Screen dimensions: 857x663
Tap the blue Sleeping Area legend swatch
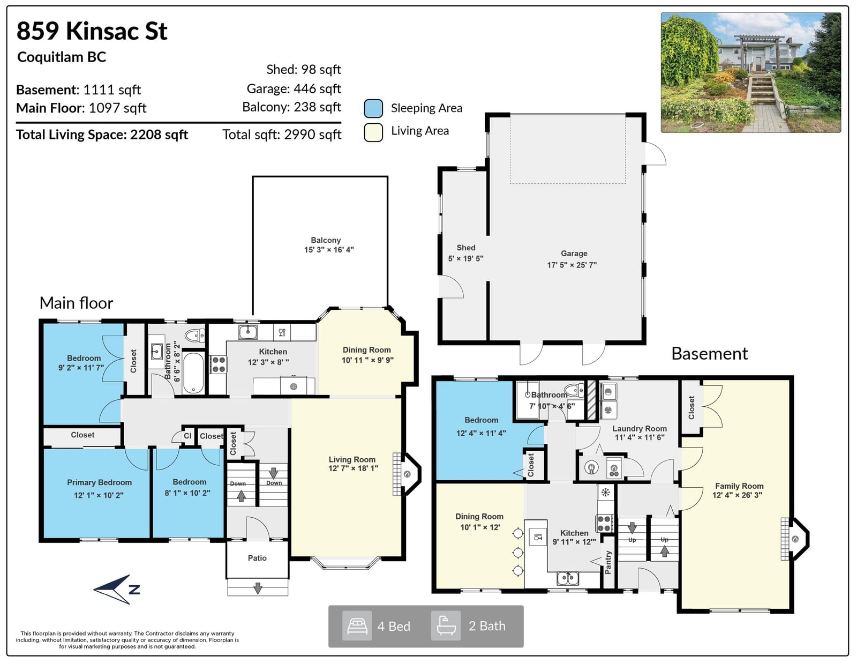point(373,108)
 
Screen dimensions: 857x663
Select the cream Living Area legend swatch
point(373,132)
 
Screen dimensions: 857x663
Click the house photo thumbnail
point(751,72)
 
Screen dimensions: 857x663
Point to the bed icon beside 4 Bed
point(357,626)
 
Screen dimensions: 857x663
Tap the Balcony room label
point(325,240)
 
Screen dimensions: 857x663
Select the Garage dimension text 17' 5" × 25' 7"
point(572,265)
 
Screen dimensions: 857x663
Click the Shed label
point(466,248)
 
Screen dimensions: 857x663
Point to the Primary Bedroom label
point(100,482)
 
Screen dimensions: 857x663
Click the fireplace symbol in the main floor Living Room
point(407,474)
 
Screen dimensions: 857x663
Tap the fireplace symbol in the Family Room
point(795,539)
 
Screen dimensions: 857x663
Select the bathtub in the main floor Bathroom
point(193,373)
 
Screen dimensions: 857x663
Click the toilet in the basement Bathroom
point(574,391)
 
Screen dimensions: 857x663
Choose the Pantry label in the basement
point(608,562)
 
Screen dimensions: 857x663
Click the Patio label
point(257,558)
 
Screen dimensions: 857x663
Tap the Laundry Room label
point(640,429)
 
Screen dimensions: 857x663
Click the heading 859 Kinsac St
point(92,31)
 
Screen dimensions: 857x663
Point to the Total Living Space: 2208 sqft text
point(102,135)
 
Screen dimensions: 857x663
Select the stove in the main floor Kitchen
point(218,364)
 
